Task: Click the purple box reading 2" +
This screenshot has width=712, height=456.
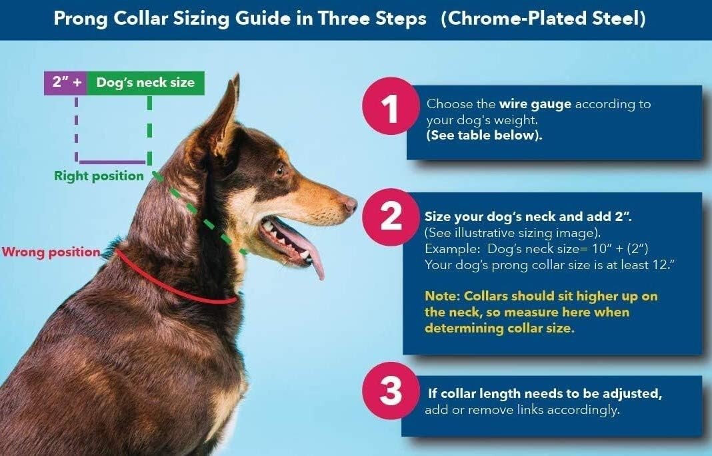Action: click(x=65, y=83)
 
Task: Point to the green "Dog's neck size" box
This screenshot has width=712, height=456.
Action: click(x=145, y=83)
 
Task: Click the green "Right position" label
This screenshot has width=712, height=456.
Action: click(x=99, y=176)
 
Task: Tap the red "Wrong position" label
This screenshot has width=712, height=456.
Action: click(x=51, y=253)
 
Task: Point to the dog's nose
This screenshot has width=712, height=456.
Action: click(x=350, y=204)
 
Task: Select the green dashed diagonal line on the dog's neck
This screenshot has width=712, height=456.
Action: click(x=200, y=214)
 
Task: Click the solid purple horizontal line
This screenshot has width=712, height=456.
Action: click(x=112, y=162)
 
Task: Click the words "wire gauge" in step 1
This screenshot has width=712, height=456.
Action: click(x=535, y=104)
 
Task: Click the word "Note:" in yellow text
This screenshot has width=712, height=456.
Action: click(x=442, y=296)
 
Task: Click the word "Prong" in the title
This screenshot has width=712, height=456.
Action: click(x=79, y=19)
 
